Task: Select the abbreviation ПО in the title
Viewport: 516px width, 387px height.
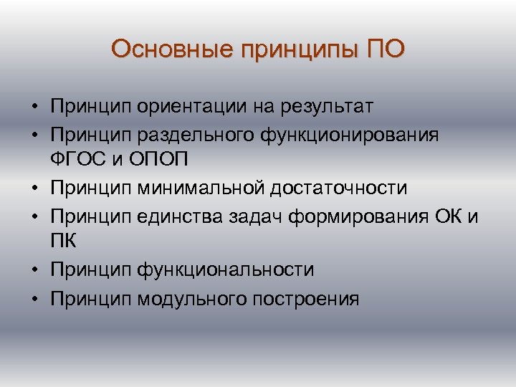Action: (386, 49)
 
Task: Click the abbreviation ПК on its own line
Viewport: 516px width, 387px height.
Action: (64, 242)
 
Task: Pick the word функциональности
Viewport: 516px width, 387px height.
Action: (225, 269)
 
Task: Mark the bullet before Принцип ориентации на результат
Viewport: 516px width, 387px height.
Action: (34, 107)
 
